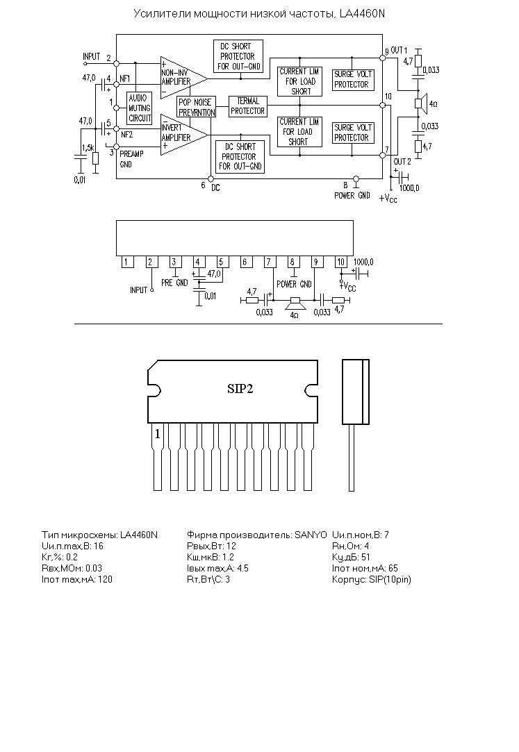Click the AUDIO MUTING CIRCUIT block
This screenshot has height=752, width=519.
point(140,108)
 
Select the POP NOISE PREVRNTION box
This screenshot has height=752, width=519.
point(197,107)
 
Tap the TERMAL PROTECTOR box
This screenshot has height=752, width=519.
point(247,106)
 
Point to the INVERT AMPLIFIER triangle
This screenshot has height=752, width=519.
point(184,135)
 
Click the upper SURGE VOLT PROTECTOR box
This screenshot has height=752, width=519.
point(353,80)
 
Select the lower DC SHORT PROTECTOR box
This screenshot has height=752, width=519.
point(240,157)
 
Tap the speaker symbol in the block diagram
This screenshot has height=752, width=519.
point(420,104)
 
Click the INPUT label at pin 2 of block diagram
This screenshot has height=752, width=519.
point(92,57)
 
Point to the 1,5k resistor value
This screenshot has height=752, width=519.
point(88,147)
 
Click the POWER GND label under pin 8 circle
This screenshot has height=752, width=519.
point(352,196)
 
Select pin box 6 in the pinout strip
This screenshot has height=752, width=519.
point(245,262)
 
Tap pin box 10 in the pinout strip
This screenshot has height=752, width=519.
point(340,262)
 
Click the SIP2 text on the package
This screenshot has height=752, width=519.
point(240,389)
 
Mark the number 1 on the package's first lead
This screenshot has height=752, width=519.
point(157,434)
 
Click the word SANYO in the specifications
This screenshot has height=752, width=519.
point(311,535)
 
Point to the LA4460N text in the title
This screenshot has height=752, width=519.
point(362,14)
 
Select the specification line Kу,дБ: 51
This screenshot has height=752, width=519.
point(351,558)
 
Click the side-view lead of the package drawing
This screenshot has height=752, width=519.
point(352,458)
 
